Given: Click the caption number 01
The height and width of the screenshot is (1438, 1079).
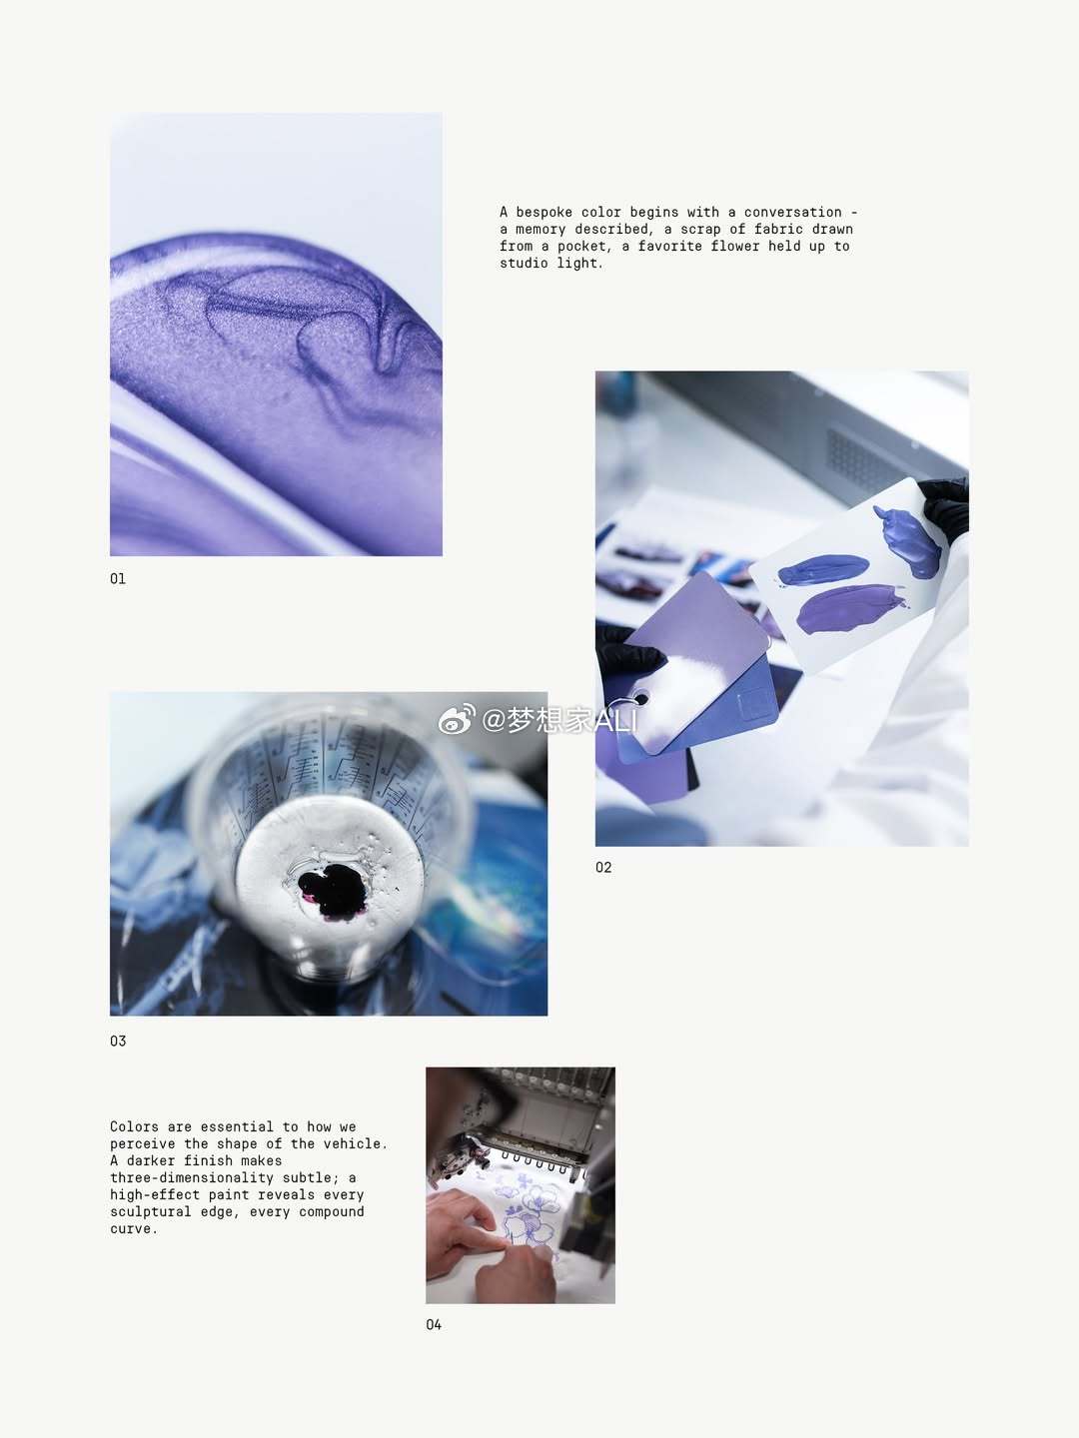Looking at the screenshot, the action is click(x=118, y=579).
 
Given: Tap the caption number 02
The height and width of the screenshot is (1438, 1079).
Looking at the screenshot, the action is click(x=603, y=868).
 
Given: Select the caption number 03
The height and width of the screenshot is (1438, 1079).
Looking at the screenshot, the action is click(x=118, y=1041).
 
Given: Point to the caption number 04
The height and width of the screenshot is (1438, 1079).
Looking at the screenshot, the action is click(x=434, y=1325).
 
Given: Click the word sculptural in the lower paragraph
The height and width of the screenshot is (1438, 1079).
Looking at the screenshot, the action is click(x=151, y=1212).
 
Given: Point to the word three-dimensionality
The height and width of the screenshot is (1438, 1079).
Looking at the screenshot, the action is click(x=192, y=1178).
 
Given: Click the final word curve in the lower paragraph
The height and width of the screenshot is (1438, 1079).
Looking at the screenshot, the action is click(x=134, y=1229).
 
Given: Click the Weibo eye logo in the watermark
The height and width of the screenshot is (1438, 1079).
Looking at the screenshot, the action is click(x=456, y=720).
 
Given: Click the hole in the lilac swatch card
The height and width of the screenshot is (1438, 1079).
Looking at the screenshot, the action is click(x=641, y=700).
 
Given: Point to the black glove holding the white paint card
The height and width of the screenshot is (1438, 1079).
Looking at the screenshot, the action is click(x=946, y=505).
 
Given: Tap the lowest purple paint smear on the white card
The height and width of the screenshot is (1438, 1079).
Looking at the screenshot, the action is click(x=849, y=609).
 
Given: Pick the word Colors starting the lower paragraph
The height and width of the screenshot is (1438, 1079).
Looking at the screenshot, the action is click(x=134, y=1126).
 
